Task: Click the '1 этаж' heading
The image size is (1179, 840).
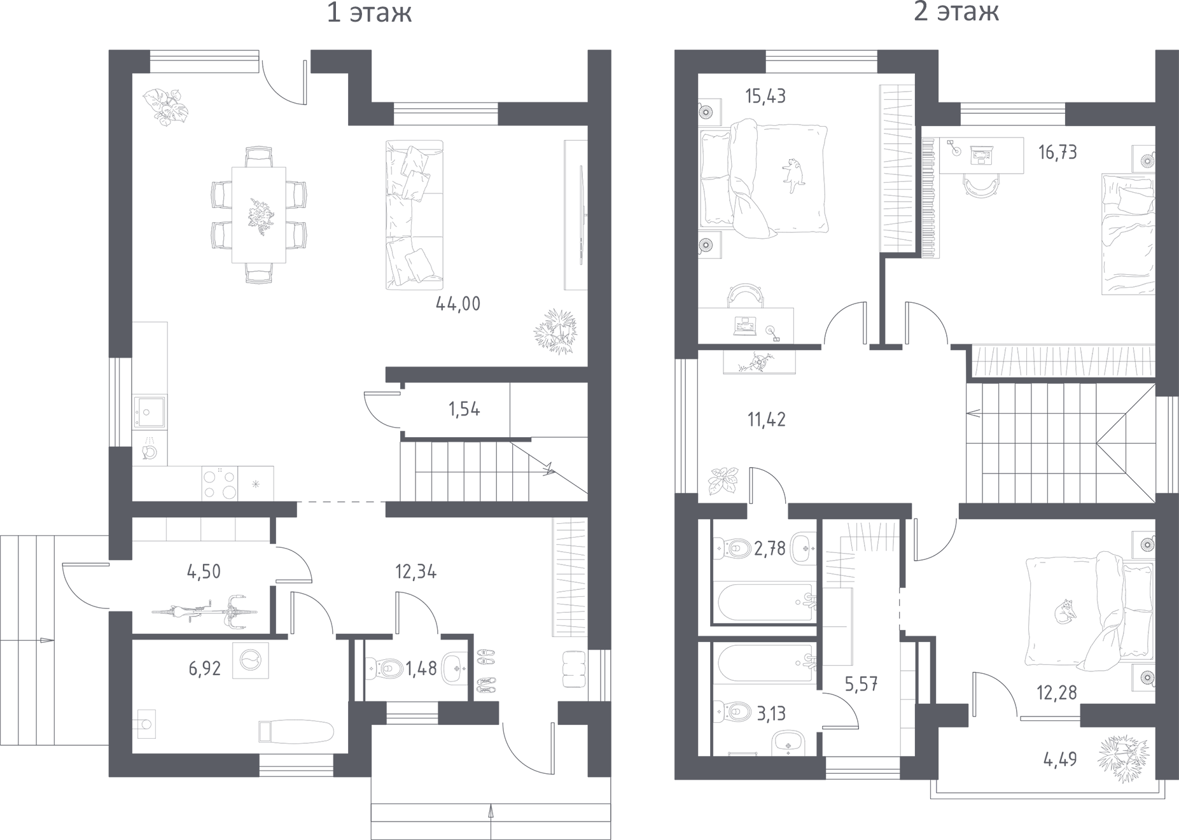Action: (x=369, y=13)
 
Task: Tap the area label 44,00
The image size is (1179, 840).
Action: (x=457, y=304)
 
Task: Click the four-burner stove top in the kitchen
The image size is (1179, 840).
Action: (x=220, y=484)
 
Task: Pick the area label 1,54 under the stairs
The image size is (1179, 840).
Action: (x=464, y=409)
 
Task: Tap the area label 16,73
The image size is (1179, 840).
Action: (x=1057, y=153)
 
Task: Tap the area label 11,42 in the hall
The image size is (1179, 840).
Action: (x=766, y=419)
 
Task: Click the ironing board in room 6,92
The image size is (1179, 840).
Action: (x=296, y=731)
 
